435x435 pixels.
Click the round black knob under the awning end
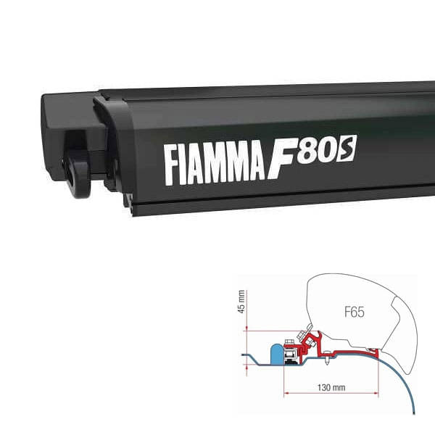click(80, 173)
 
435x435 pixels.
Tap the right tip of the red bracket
click(377, 350)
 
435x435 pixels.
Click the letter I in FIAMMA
click(184, 166)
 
